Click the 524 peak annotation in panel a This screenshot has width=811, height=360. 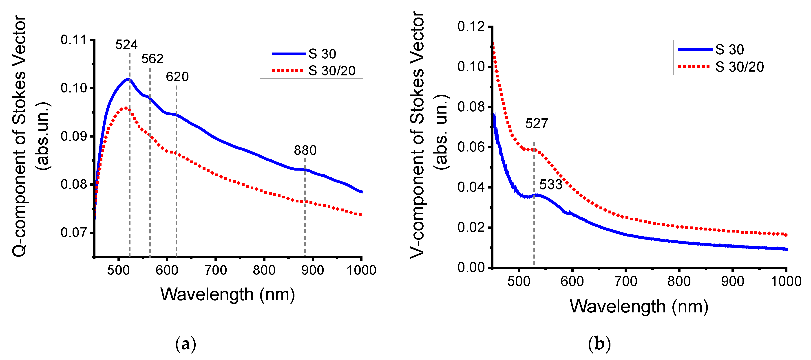tap(126, 45)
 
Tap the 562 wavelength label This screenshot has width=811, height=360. tap(152, 59)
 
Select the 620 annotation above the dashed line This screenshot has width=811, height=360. tap(177, 77)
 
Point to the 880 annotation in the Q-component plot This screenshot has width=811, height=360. tap(305, 150)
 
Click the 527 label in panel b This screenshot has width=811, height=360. tap(537, 124)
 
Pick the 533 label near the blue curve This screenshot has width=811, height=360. tap(551, 185)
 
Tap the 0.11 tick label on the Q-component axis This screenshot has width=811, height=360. tap(73, 40)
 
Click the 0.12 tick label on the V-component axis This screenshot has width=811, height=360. tap(471, 26)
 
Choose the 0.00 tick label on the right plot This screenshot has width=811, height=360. tap(471, 268)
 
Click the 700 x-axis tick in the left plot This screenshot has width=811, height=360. tap(215, 270)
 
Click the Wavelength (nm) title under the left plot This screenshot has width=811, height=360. tap(227, 294)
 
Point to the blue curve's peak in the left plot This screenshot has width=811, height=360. tap(128, 79)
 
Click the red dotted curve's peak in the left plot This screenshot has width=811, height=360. tap(126, 108)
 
